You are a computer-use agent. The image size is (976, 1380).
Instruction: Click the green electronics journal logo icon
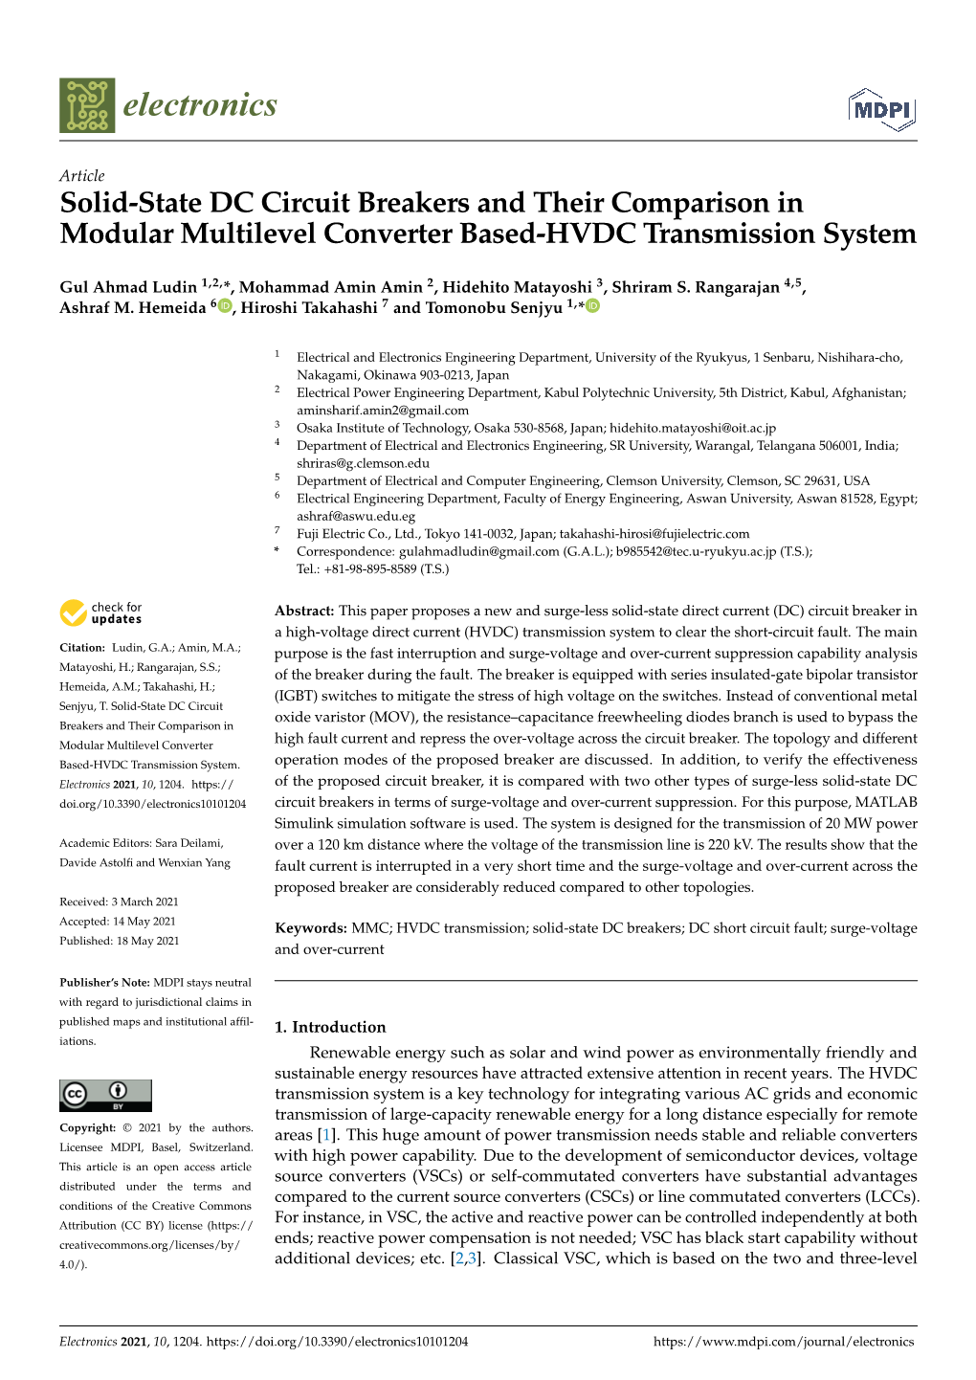click(x=87, y=105)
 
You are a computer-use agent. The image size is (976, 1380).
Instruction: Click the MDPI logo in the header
click(x=881, y=110)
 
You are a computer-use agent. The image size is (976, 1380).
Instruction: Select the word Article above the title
click(x=81, y=176)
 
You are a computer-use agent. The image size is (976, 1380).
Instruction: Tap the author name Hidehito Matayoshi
click(x=517, y=287)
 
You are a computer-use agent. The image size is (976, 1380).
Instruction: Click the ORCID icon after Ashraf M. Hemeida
click(x=225, y=306)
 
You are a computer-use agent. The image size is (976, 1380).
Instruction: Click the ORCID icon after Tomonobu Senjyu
click(x=592, y=306)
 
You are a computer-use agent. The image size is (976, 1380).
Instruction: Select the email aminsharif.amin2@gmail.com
click(x=383, y=411)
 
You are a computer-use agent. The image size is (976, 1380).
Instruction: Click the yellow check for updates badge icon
click(x=74, y=612)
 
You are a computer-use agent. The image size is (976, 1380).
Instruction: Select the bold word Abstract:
click(x=304, y=611)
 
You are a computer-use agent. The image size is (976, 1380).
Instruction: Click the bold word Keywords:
click(x=310, y=928)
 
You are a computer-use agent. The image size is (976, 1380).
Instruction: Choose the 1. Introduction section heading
click(x=330, y=1027)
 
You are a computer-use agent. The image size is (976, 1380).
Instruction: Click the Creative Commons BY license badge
click(x=105, y=1095)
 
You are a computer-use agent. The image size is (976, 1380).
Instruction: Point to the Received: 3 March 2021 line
click(x=119, y=901)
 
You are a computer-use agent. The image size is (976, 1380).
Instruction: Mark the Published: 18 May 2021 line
click(x=119, y=941)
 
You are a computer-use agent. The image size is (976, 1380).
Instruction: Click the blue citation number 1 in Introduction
click(x=327, y=1135)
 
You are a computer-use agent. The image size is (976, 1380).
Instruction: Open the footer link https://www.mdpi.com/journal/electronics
click(x=784, y=1342)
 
